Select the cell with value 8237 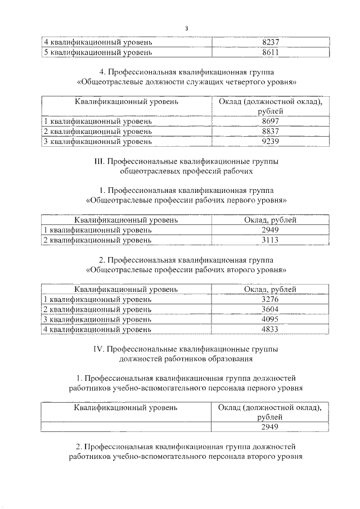coord(270,42)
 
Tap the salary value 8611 coord(270,52)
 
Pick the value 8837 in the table coord(270,132)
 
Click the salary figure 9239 coord(270,142)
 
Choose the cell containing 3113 coord(270,240)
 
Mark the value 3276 coord(270,299)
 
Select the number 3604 coord(270,309)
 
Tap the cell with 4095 coord(270,319)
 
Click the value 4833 coord(270,330)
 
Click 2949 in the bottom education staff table coord(270,427)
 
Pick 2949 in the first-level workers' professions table coord(270,230)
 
